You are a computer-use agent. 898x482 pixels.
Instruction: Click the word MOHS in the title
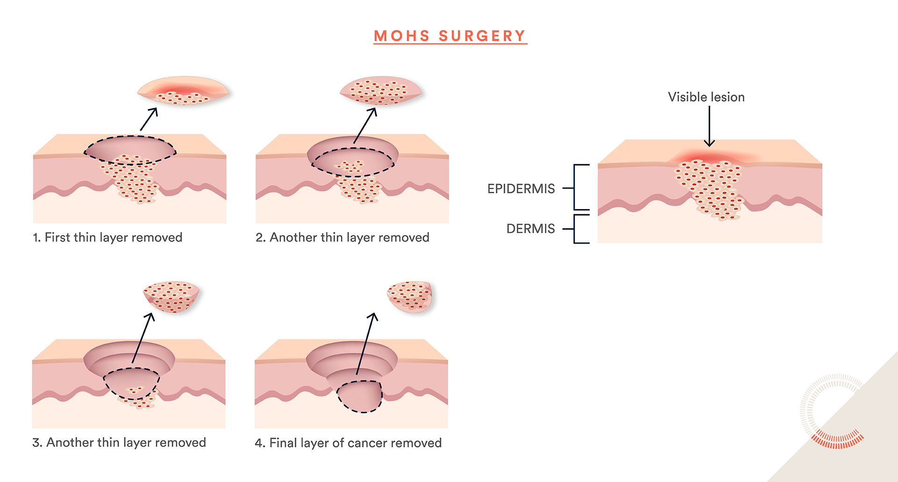(x=402, y=36)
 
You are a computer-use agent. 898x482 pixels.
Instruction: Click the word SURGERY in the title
(x=482, y=36)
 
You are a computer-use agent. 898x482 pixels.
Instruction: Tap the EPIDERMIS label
(x=521, y=189)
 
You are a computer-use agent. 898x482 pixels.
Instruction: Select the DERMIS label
(x=530, y=229)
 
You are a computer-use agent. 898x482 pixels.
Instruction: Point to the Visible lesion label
(x=706, y=97)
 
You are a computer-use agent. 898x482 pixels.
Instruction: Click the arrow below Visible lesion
(x=710, y=126)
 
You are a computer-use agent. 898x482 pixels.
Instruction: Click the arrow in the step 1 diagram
(x=149, y=119)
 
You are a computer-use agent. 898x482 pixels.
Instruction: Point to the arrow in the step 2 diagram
(x=365, y=125)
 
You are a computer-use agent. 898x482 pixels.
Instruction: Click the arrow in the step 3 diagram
(x=143, y=337)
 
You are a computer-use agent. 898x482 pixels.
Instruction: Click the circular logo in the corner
(x=832, y=412)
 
